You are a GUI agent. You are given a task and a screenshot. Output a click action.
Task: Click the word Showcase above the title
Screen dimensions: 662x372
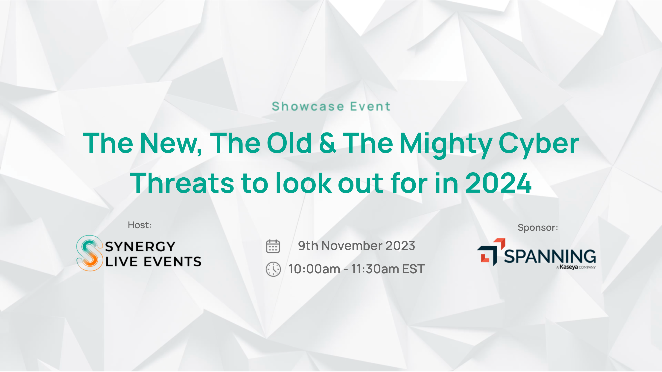tap(308, 106)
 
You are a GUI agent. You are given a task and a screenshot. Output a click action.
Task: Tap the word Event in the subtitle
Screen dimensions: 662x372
tap(370, 106)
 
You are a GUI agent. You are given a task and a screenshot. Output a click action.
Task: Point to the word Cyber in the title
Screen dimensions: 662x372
tap(539, 144)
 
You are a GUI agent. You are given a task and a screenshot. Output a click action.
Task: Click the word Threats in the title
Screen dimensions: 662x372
tap(182, 183)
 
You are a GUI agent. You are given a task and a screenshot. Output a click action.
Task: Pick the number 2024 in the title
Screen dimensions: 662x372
tap(498, 183)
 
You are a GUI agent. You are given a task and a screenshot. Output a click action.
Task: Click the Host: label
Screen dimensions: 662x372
tap(140, 225)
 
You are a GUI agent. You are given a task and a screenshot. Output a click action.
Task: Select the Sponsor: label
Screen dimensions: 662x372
tap(538, 228)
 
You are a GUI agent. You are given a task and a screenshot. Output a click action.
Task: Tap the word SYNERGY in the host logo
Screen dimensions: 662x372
tap(140, 246)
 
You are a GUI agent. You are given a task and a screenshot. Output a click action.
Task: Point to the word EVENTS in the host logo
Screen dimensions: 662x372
tap(172, 262)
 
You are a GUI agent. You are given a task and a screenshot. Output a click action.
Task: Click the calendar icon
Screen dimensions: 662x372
tap(273, 246)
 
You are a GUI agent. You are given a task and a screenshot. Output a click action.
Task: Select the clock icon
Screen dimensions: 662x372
tap(273, 269)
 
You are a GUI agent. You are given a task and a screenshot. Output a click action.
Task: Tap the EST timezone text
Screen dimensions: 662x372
tap(413, 269)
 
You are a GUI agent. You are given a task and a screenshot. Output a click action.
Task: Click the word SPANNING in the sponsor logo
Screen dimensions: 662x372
tap(550, 257)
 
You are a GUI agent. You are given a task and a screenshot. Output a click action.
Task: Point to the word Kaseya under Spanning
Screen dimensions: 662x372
tap(569, 267)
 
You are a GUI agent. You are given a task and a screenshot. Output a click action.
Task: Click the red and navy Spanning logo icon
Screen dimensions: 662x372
tap(491, 252)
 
